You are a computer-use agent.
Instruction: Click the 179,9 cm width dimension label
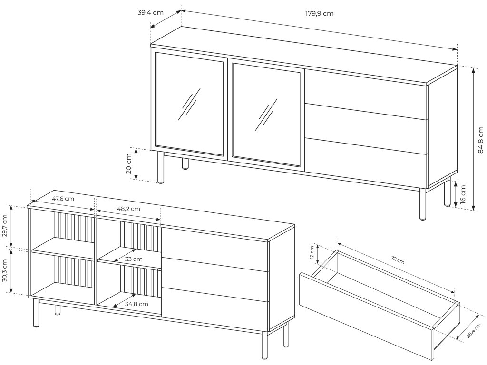(319, 13)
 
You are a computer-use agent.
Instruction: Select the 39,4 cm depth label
(150, 13)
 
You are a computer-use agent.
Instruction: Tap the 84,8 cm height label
(481, 140)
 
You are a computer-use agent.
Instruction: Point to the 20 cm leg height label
(128, 164)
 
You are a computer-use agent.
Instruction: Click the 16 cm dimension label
(463, 194)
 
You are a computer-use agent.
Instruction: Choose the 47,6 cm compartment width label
(63, 199)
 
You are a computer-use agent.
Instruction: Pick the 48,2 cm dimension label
(128, 209)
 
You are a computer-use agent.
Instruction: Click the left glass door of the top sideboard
(189, 103)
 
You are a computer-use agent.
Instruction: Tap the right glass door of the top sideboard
(266, 115)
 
